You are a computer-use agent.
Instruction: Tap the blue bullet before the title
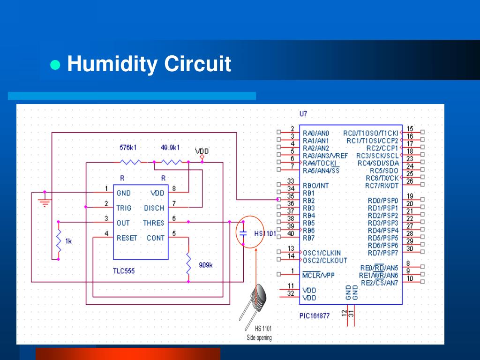tap(56, 65)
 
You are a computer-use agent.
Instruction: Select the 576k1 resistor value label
tap(128, 148)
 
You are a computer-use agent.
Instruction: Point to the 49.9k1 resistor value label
tap(170, 148)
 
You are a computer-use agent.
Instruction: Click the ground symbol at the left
tap(45, 202)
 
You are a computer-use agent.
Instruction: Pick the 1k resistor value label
tap(68, 241)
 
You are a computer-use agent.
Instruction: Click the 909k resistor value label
tap(206, 265)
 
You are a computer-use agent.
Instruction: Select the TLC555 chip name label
tap(124, 271)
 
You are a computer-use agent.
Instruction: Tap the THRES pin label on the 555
tap(153, 223)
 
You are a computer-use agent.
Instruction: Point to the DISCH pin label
tap(154, 208)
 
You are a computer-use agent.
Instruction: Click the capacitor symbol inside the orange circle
tap(243, 232)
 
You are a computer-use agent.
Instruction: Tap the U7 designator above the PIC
tap(303, 113)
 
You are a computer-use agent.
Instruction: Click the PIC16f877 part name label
tap(314, 315)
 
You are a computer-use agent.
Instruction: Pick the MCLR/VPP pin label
tap(318, 275)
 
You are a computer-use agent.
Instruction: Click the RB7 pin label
tap(309, 238)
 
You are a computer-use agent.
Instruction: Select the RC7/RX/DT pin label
tap(382, 186)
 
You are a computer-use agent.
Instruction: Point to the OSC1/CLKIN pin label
tap(322, 253)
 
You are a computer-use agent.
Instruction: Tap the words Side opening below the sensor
tap(259, 338)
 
